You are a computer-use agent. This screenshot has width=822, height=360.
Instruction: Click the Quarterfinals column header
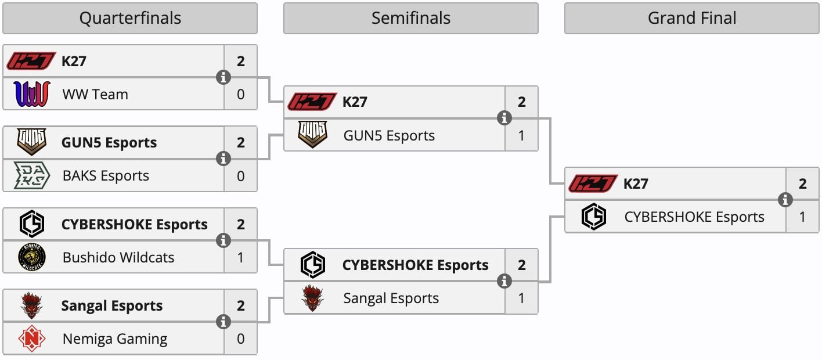point(130,18)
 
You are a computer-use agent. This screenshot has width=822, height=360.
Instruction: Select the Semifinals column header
point(410,18)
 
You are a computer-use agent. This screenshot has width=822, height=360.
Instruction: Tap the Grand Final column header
point(692,18)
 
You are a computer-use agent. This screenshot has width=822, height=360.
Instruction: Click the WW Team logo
point(31,94)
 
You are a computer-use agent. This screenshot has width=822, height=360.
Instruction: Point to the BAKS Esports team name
point(106,176)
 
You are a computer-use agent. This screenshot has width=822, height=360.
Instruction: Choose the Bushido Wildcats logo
point(31,257)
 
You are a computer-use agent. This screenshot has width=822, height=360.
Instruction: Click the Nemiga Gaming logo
point(31,339)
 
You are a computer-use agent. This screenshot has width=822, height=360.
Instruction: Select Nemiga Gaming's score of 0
point(241,339)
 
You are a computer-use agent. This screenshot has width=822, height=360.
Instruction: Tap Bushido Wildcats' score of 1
point(241,257)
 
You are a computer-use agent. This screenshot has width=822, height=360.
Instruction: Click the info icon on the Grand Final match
point(785,200)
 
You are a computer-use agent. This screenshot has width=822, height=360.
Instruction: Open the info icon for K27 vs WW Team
point(223,77)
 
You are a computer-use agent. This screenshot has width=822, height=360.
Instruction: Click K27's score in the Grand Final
point(803,184)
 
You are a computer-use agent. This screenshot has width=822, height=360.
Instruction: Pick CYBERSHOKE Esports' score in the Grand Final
point(803,217)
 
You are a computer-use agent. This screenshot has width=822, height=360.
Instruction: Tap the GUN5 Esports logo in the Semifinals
point(312,135)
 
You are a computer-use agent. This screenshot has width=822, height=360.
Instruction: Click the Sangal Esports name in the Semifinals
point(391,298)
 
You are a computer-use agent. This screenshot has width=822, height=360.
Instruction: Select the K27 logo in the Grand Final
point(593,184)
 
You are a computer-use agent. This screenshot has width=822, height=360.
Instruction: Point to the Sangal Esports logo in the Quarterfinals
point(31,306)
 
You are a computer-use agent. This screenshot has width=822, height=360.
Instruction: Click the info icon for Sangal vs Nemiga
point(223,322)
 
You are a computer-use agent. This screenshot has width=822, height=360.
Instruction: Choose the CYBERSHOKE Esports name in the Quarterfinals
point(134,225)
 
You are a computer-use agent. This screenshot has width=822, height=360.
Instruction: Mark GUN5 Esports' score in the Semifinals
point(522,135)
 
